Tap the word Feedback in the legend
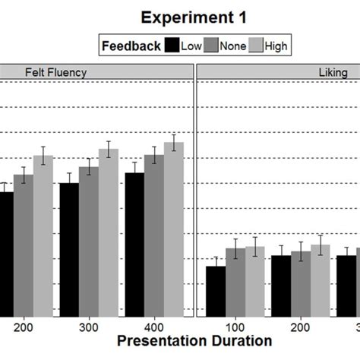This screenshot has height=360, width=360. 131,46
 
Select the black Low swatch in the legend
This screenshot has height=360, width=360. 172,46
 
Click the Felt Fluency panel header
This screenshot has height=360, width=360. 96,72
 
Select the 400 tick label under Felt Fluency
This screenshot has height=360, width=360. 155,324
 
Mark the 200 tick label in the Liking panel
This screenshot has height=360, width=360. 300,324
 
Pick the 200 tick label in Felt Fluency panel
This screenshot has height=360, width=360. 24,324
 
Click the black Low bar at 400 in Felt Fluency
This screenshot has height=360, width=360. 134,245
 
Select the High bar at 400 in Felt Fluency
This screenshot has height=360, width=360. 174,229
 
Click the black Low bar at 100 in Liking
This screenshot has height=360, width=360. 215,291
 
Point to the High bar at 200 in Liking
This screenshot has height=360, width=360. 320,280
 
